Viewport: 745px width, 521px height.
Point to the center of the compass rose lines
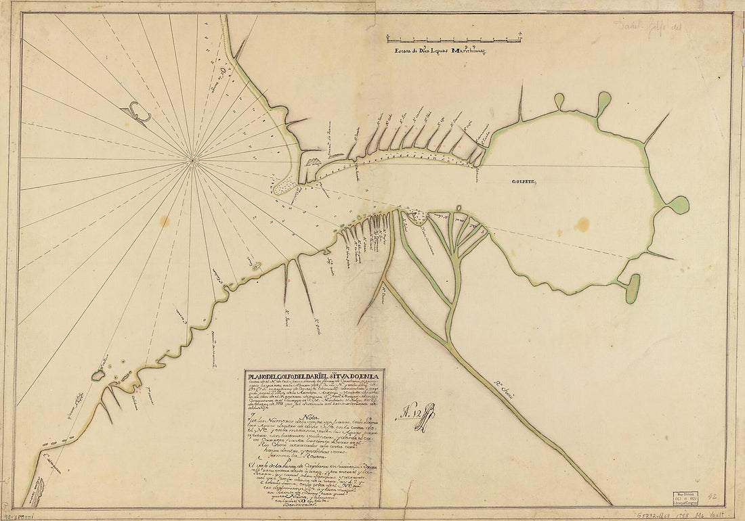click(x=193, y=160)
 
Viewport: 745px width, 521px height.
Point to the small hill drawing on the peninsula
click(x=312, y=162)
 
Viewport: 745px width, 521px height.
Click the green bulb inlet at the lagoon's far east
click(x=678, y=204)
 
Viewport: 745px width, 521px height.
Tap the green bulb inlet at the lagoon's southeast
click(x=633, y=289)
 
